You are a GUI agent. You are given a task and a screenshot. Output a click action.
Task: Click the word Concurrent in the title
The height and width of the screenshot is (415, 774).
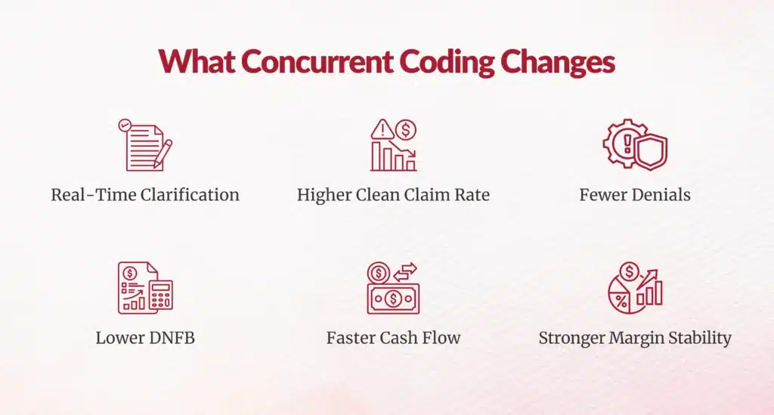coord(317,62)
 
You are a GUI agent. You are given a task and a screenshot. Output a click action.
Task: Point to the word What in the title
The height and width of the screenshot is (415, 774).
coord(197,62)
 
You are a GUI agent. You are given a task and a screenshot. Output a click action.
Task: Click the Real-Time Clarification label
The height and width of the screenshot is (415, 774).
coord(145,195)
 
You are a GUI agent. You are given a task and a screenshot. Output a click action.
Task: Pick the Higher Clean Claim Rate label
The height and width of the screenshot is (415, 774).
coord(393,195)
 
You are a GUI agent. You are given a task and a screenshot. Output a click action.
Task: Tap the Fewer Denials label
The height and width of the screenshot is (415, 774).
coord(635,195)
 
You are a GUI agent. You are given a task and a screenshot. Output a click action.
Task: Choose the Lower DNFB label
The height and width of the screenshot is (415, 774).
coord(145,338)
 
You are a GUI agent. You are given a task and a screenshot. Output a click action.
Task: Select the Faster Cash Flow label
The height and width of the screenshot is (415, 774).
coord(393,338)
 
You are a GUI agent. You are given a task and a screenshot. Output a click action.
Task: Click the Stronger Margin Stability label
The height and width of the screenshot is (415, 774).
coord(635,339)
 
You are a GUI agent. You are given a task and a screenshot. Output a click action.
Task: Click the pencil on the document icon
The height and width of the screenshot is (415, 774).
coord(163,153)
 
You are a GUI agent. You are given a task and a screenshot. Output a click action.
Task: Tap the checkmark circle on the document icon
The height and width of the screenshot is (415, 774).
coord(125,125)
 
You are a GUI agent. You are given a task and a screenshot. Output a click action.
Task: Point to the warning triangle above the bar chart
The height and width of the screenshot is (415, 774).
coord(382,129)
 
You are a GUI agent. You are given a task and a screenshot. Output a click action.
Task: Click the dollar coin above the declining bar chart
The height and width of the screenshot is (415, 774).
coord(406,130)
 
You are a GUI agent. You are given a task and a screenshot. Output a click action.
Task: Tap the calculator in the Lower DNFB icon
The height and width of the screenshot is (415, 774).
coord(162,295)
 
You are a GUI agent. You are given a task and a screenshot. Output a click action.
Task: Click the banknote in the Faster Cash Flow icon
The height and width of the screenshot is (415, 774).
coord(393,299)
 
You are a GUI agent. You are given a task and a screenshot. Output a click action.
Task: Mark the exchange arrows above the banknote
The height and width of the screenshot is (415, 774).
coord(405,272)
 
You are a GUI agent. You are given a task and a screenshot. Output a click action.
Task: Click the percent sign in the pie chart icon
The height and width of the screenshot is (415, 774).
coord(621,301)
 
